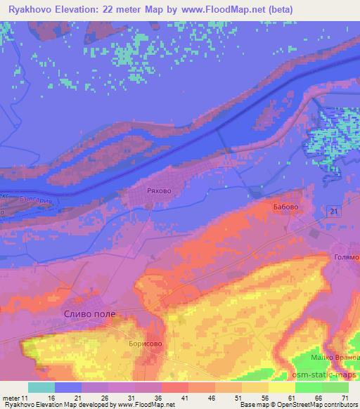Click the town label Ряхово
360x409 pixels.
[155, 190]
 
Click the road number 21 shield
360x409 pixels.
[334, 212]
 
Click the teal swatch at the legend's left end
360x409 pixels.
[41, 387]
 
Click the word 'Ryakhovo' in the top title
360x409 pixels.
[32, 9]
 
